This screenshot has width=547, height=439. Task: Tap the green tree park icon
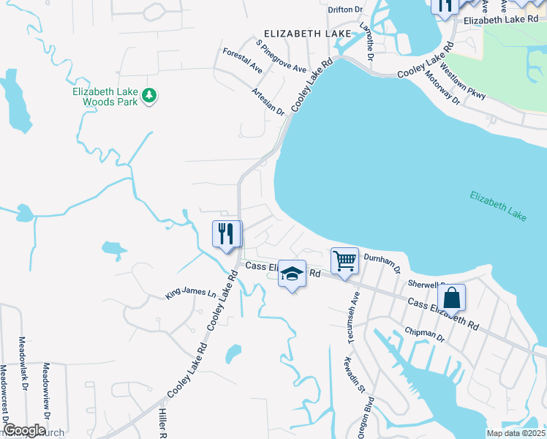tap(150, 95)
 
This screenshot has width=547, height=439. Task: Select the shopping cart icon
tap(344, 260)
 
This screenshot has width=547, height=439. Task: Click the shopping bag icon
tap(452, 297)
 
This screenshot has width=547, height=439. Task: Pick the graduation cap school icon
tap(292, 274)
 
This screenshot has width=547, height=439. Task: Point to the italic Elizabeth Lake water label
tap(498, 206)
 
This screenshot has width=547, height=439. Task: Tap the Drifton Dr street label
tap(346, 10)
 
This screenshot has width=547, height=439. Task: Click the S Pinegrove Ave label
tap(282, 56)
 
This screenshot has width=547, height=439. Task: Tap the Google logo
tap(23, 430)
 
